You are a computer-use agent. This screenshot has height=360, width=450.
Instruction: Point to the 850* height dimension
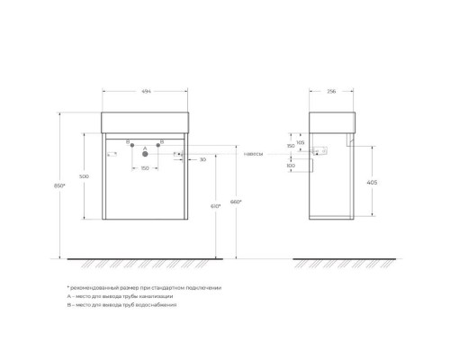coord(58,184)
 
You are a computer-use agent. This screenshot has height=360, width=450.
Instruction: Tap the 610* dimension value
coord(215,207)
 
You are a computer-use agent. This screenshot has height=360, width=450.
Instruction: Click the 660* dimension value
coord(236,201)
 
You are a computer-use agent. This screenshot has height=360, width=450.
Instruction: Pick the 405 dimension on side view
coord(372,182)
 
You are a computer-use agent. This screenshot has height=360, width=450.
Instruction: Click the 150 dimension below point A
coord(144,168)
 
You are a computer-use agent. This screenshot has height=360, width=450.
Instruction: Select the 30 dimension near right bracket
coord(203,159)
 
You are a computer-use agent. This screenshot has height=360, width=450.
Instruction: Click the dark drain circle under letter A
coord(144,155)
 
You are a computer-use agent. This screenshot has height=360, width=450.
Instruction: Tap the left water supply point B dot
coord(131,145)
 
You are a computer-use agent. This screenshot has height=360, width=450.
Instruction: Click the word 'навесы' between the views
coord(254,154)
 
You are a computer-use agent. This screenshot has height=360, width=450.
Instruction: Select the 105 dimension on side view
coord(300,141)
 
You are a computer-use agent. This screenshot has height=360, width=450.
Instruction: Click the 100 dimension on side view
coord(290,166)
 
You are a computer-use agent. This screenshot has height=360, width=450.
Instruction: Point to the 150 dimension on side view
coord(290,146)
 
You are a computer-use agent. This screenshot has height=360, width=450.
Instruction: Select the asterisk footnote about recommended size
coord(144,287)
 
